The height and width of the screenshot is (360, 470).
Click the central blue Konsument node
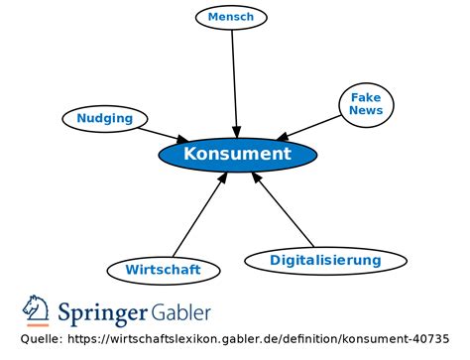[x=238, y=155]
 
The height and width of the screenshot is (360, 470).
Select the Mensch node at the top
[x=231, y=17]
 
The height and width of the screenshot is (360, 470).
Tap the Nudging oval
[x=104, y=119]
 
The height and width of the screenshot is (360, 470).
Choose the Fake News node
[x=365, y=103]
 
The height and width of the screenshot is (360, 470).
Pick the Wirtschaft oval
[x=163, y=269]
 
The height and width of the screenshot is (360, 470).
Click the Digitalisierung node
[x=325, y=261]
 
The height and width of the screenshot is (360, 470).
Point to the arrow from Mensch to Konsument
[x=235, y=79]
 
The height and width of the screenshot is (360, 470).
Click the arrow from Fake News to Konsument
[x=312, y=126]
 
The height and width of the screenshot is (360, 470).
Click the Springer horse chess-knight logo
[x=36, y=307]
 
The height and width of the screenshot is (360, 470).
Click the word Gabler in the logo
[x=181, y=312]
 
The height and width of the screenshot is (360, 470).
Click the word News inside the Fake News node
[x=365, y=110]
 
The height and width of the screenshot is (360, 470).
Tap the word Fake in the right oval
[x=365, y=97]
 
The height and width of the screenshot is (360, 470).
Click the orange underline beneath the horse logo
[x=36, y=325]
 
